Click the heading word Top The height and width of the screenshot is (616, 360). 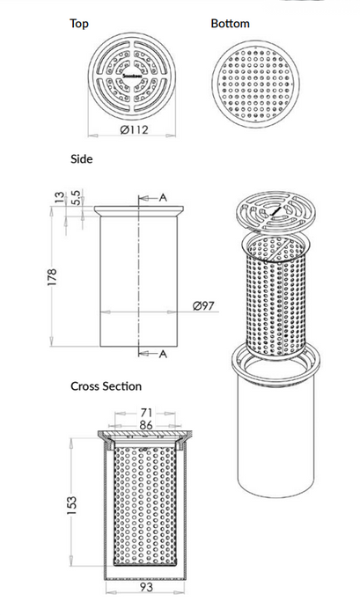(x=79, y=24)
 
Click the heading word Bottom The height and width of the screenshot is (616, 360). (x=230, y=24)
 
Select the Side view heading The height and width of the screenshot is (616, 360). (x=81, y=159)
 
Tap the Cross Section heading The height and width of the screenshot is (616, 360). (x=106, y=386)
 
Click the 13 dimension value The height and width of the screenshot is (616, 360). (x=59, y=198)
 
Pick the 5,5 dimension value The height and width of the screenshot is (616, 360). (x=77, y=197)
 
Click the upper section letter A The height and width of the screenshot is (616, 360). (x=164, y=198)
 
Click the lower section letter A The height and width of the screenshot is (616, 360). (x=164, y=354)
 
